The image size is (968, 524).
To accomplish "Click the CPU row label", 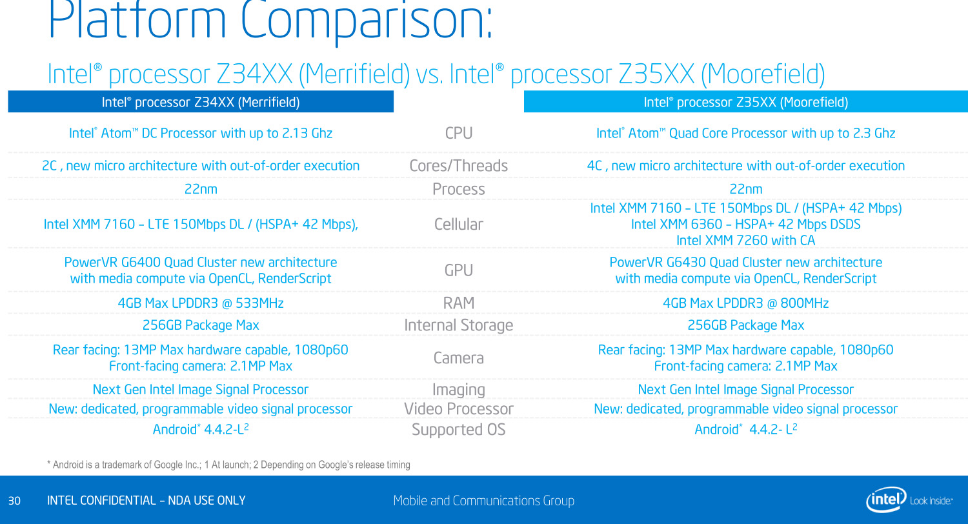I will click(459, 134).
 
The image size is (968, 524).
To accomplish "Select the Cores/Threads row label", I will click(459, 166).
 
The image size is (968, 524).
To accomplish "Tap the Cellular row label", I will click(459, 224).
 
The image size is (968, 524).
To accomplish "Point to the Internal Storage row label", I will click(459, 325).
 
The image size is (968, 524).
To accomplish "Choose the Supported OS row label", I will click(459, 430).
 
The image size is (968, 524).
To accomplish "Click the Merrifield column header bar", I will click(201, 102).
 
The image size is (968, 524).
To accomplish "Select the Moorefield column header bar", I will click(745, 102).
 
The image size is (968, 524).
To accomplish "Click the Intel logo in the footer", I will click(887, 499).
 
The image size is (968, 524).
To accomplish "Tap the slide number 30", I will click(15, 501).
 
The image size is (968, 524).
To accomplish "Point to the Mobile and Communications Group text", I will click(483, 501).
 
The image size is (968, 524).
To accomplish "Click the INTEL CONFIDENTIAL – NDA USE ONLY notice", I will click(146, 501).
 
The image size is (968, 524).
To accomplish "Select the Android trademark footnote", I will click(228, 465).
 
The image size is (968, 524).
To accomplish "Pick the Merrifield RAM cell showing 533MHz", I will click(201, 303).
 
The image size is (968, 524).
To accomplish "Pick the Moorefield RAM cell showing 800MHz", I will click(745, 303).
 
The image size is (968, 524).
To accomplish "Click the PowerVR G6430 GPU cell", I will click(745, 270).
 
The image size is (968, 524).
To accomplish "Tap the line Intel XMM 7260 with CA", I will click(745, 241).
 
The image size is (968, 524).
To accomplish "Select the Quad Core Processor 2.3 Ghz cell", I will click(745, 134).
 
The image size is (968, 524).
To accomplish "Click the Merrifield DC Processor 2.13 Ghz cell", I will click(201, 134).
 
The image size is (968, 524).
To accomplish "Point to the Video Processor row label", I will click(459, 409).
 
